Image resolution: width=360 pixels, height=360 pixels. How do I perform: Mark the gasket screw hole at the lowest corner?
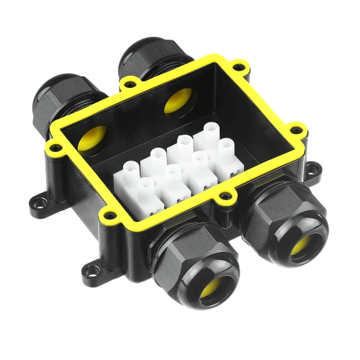pyautogui.click(x=107, y=214)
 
